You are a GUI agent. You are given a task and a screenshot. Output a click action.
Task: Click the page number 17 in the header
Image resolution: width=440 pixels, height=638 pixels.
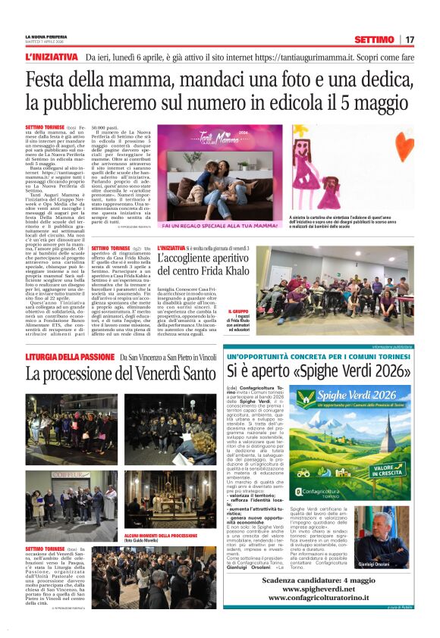click(410, 39)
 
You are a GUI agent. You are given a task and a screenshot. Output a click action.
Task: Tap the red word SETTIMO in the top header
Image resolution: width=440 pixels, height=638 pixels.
click(375, 39)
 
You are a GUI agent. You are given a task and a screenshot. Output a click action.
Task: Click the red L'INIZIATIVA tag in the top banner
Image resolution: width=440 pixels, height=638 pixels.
click(51, 57)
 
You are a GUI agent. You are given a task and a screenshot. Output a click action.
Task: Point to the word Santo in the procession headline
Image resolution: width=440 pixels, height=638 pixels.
click(193, 374)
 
